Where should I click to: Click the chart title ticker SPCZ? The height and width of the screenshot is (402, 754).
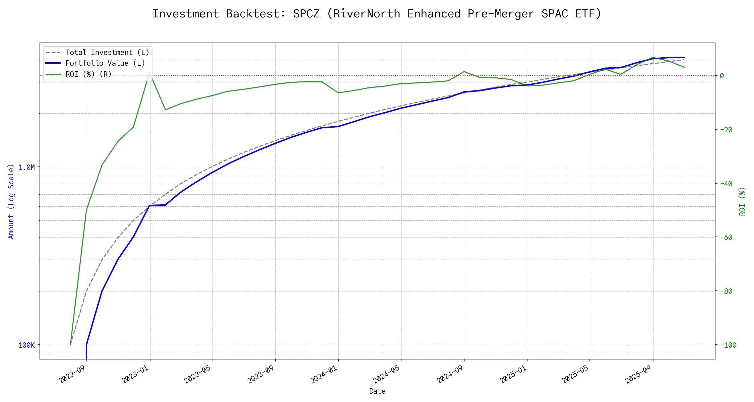(306, 14)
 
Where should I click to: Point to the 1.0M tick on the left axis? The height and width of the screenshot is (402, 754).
(27, 167)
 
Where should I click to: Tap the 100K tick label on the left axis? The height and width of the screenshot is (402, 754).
(27, 345)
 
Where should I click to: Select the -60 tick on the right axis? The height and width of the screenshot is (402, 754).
(726, 237)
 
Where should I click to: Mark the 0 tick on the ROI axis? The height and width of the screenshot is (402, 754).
(722, 76)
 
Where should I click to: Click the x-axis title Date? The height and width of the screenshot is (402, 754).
(377, 391)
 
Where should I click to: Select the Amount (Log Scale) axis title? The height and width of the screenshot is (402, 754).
(11, 201)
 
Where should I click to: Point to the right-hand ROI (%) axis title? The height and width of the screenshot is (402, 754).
(742, 201)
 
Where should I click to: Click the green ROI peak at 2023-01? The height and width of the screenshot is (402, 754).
(149, 73)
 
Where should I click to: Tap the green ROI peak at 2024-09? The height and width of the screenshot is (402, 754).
(464, 71)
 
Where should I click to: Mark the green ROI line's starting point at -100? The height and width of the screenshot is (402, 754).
(70, 344)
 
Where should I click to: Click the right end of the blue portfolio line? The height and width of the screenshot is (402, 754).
(684, 57)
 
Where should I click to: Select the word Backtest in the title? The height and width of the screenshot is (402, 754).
(256, 14)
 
